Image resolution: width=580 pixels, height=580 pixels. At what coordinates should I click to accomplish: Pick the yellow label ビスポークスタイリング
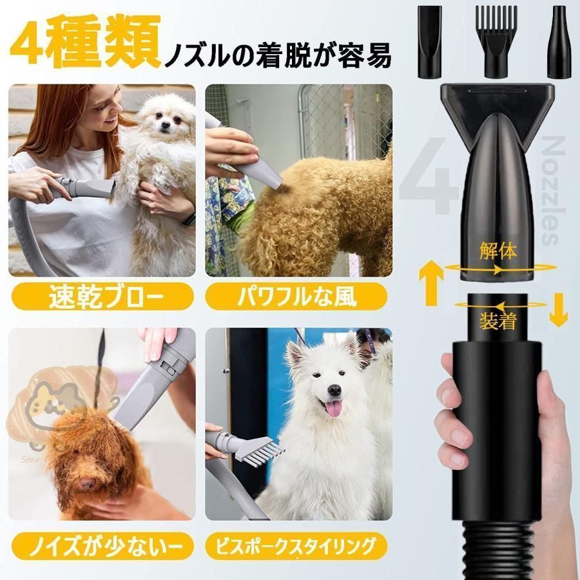[297, 546]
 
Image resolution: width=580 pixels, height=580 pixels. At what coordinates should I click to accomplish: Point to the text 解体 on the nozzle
[498, 251]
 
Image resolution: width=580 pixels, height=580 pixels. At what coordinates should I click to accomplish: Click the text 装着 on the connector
[498, 320]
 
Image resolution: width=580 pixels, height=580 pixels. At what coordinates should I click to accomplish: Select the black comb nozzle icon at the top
[496, 39]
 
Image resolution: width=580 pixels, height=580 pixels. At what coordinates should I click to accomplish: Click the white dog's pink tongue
[333, 408]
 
